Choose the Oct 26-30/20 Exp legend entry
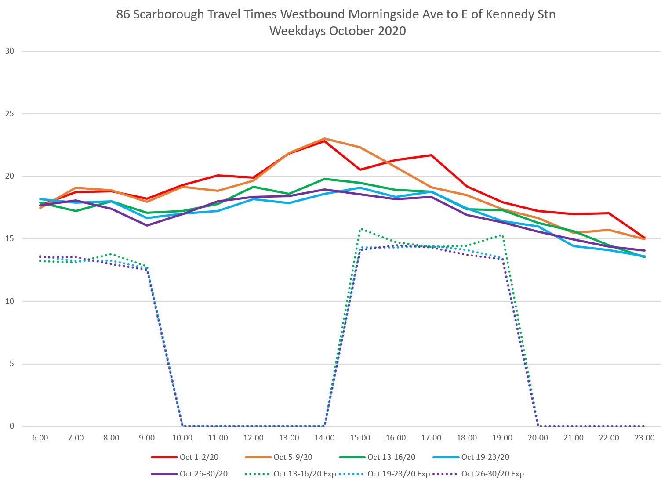492,474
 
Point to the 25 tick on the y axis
9,114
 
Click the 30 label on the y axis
9,51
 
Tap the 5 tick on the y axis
12,364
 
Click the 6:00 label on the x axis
40,438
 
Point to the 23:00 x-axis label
644,438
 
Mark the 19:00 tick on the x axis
502,438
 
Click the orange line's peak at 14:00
324,139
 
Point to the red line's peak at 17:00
431,155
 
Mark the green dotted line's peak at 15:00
360,229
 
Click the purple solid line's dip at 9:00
147,225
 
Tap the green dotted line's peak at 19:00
501,235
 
